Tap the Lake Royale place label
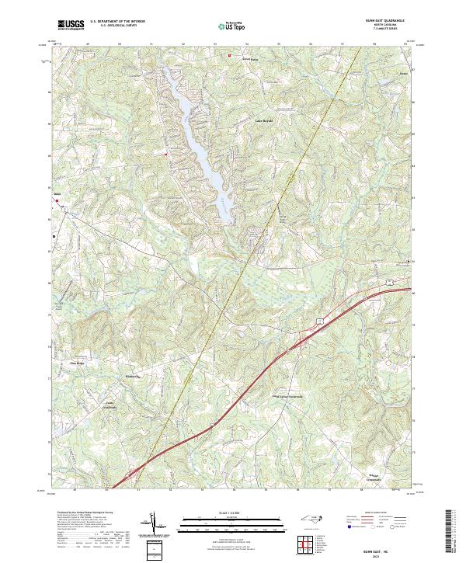click(x=266, y=120)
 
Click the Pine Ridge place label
click(x=77, y=362)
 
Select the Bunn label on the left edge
click(x=57, y=195)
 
